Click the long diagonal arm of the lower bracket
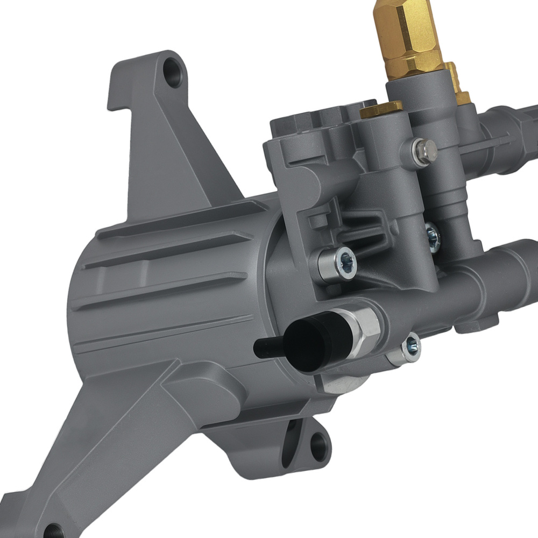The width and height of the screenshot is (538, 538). click(x=108, y=447)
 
